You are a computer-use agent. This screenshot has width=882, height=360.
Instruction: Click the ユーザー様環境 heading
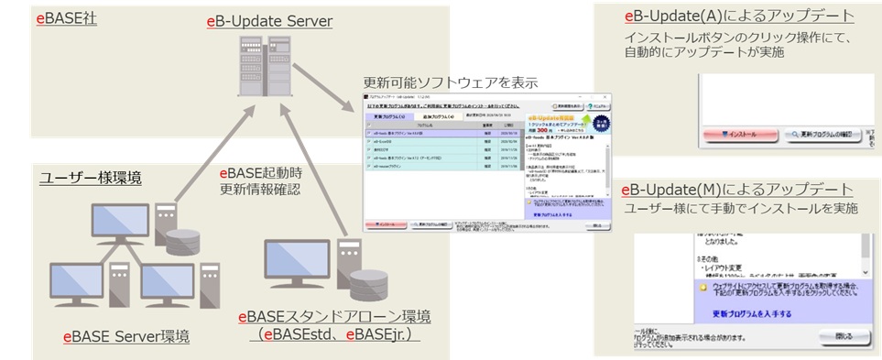(90, 178)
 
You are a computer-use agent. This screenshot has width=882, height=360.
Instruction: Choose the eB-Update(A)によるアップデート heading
(738, 16)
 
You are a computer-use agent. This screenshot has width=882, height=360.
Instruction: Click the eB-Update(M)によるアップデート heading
(738, 189)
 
